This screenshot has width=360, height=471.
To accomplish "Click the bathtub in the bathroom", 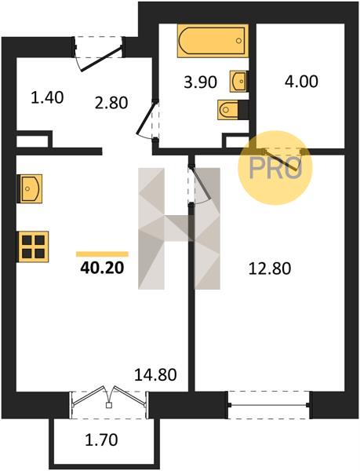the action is coord(213,41).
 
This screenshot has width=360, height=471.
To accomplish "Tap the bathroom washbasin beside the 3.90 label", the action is coord(238,81).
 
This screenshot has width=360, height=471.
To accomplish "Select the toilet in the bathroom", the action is coord(233,110).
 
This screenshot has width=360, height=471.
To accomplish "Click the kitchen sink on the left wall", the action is coord(30,188).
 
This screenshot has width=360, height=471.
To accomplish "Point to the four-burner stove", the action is coord(33,246).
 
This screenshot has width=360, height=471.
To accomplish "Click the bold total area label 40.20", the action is coord(102,268).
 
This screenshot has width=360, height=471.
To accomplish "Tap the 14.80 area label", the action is coord(155,374).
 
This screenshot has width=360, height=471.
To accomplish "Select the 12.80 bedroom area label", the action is coord(270,268).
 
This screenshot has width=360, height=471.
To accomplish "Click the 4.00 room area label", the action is coord(301,82).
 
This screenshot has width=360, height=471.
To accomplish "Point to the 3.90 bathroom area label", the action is coord(201,82).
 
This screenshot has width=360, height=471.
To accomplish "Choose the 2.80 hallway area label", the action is coord(111,103).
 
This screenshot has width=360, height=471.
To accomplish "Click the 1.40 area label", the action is coord(47,97).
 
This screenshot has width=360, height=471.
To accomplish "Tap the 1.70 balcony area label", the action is coord(101,440).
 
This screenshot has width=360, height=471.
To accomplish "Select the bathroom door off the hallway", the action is coord(147,119).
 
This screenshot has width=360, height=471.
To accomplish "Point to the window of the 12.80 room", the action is coord(269,405).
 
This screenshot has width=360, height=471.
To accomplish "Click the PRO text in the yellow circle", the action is coord(275,168).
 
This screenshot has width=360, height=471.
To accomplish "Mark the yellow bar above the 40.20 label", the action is coord(102,254).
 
